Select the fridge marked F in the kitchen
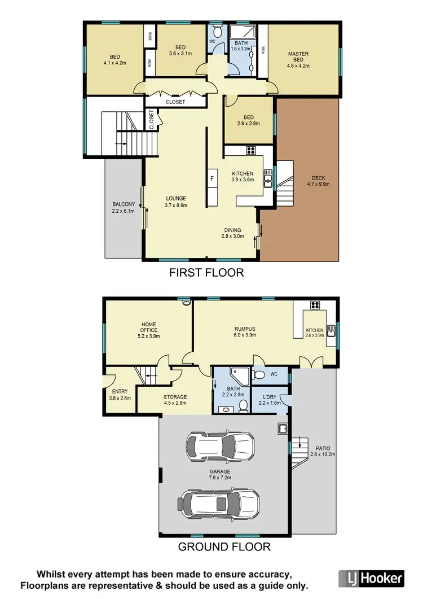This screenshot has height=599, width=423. pos(212,178)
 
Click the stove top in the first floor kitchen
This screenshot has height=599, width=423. pos(251,150)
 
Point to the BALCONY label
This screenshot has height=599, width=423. pos(124,207)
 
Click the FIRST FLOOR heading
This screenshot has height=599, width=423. pos(206,273)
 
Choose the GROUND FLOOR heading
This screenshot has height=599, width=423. pos(224,546)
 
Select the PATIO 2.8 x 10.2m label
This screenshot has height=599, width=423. pos(323,450)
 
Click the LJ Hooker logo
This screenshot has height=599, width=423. pos(372,578)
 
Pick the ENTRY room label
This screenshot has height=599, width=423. pos(120,394)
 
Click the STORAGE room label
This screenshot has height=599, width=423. pos(175,400)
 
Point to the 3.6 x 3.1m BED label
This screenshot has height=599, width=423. pos(180,50)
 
